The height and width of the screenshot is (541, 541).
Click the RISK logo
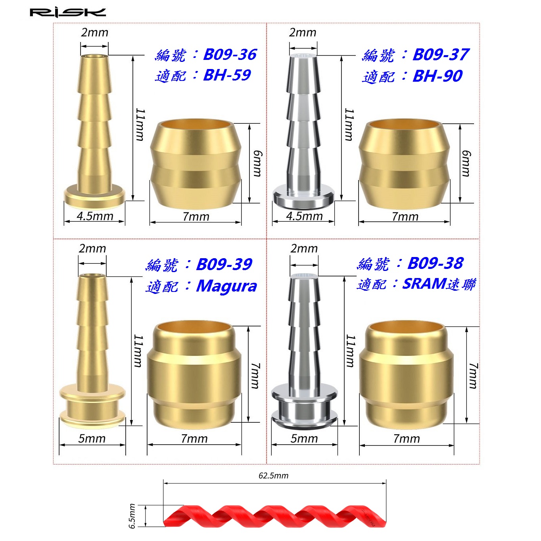coord(68,13)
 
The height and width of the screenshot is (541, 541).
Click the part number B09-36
coord(230,54)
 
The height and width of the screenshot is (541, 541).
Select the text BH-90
coord(437,76)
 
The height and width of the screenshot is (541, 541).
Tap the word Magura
coord(226,286)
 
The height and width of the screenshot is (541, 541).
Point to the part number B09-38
coord(435,263)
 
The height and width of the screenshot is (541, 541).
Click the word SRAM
coord(424,284)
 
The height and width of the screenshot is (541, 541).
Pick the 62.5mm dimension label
coord(273,475)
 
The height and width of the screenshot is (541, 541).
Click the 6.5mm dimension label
coord(132,516)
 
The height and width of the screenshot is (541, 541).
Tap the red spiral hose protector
coord(274,516)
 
